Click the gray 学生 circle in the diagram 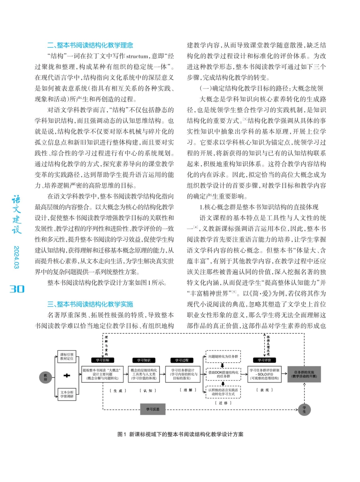(304, 409)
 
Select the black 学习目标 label (103, 360)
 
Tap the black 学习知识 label (144, 360)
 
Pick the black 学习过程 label (182, 360)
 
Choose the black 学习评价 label (265, 360)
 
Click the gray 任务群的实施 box (304, 374)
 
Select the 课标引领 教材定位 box (67, 357)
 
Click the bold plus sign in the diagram (67, 375)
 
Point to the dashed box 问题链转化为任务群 (223, 356)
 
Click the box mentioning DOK (223, 374)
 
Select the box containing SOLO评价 (265, 374)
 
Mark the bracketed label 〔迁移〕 (223, 403)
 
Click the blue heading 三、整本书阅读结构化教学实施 (90, 304)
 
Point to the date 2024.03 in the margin (16, 258)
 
